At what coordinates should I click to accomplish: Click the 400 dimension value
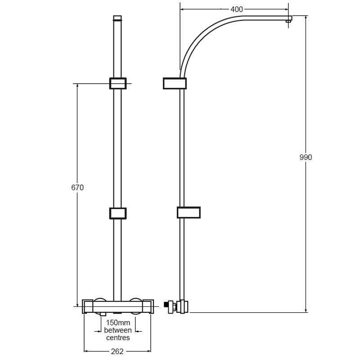click(x=237, y=9)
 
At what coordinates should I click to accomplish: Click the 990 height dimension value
click(x=306, y=157)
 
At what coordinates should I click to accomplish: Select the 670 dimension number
click(x=77, y=188)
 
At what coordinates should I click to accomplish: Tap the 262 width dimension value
click(x=117, y=351)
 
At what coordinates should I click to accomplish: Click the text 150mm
click(x=117, y=323)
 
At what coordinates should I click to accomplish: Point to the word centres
click(x=117, y=337)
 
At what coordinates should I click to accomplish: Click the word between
click(x=117, y=330)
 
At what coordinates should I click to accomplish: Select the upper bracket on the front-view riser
click(x=117, y=83)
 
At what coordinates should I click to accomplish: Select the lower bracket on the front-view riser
click(x=117, y=213)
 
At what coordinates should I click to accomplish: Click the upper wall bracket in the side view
click(x=174, y=84)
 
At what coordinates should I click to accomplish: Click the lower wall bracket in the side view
click(x=188, y=212)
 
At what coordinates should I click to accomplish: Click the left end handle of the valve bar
click(x=88, y=306)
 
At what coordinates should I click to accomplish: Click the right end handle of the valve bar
click(x=148, y=306)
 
